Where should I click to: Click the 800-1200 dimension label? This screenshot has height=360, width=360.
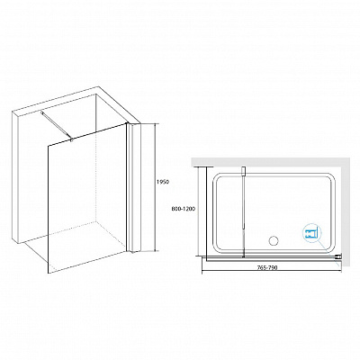[184, 209]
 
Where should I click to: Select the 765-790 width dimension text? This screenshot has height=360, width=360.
[268, 268]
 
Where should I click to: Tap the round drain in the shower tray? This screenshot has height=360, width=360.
[274, 240]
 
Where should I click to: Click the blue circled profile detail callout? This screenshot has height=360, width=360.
[312, 232]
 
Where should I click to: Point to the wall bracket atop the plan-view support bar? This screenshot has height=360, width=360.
[244, 171]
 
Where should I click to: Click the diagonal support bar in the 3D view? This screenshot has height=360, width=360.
[57, 125]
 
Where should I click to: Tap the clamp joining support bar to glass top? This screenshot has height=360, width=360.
[71, 139]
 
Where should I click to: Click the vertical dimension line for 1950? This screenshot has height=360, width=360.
[155, 187]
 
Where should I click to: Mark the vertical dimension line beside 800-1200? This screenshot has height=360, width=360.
[199, 211]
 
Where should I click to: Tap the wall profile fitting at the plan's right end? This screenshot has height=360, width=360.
[338, 256]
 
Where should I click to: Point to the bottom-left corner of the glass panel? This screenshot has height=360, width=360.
[49, 274]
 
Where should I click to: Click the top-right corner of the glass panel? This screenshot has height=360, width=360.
[125, 123]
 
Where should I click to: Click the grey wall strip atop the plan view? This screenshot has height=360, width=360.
[271, 161]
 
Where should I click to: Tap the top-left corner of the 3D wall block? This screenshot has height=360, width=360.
[13, 112]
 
